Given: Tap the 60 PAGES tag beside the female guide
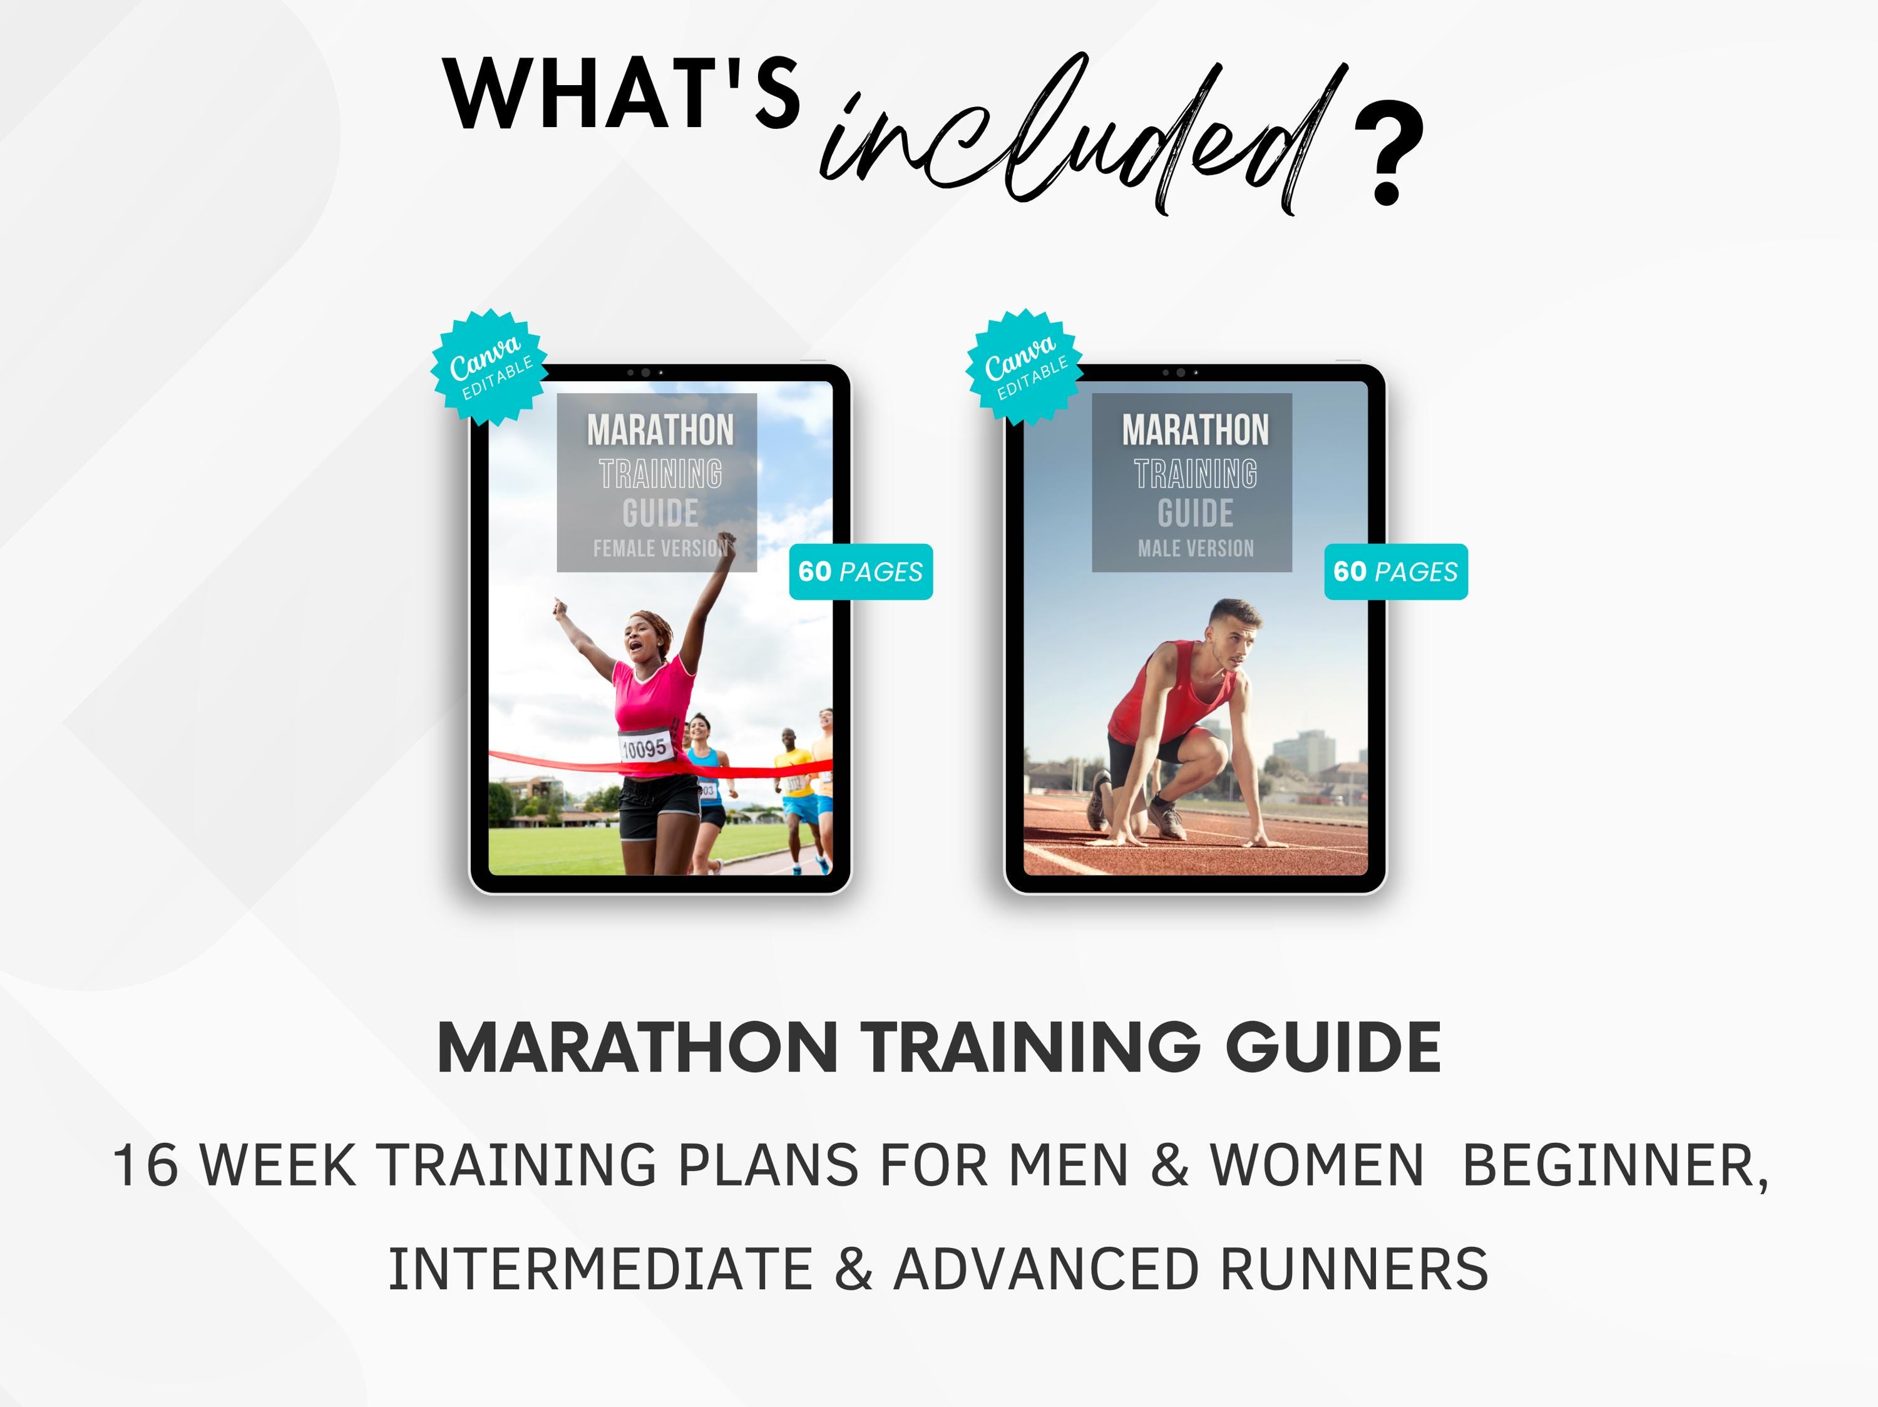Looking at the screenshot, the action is (861, 572).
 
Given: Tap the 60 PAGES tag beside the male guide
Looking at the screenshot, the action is (1396, 572).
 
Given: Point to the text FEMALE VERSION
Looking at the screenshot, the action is (660, 549).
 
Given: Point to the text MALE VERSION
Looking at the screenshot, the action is (1196, 549).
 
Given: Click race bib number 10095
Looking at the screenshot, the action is (645, 749).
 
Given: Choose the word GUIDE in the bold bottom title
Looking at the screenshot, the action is (1333, 1048).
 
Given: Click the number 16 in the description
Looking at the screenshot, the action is (145, 1165).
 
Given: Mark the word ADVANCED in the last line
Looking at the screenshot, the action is (1050, 1269).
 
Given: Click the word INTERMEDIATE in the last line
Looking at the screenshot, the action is (600, 1269).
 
